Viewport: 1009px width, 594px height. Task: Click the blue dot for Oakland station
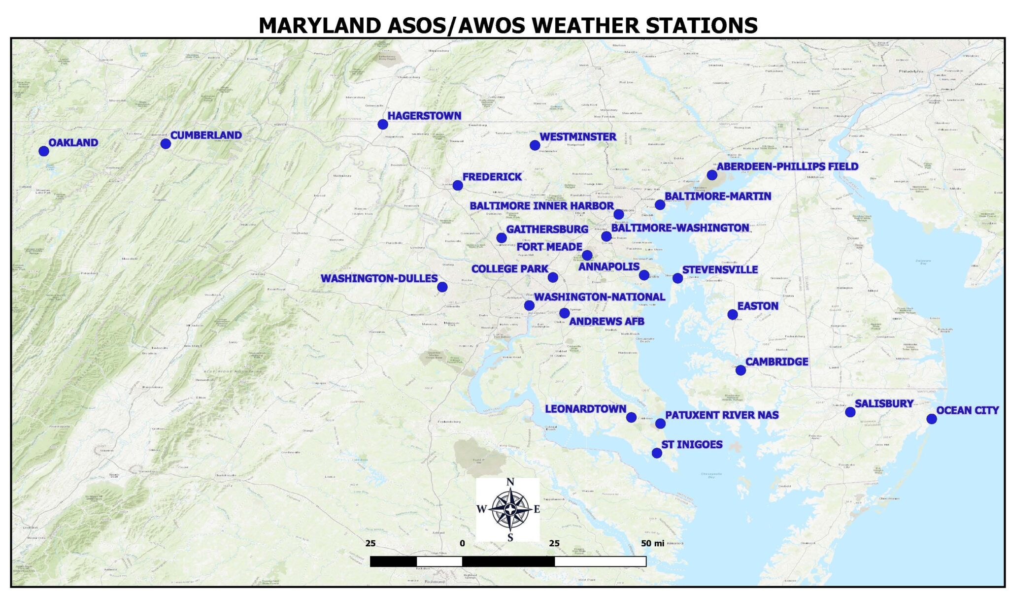44,151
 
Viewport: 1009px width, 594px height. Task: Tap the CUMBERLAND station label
206,135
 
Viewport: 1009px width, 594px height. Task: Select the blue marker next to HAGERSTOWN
383,124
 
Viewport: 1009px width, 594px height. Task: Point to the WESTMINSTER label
577,136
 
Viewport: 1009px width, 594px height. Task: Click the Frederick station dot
458,186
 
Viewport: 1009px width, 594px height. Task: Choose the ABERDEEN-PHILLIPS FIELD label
787,166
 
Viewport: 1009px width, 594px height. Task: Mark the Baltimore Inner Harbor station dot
619,214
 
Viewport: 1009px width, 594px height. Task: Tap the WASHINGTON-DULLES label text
379,278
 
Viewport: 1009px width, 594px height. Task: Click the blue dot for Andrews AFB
565,313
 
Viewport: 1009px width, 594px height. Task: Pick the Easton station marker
733,315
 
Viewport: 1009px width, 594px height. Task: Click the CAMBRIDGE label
776,362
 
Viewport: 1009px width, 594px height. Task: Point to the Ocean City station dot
931,419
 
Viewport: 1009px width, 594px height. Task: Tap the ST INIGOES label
692,445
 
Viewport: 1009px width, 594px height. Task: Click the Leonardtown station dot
631,418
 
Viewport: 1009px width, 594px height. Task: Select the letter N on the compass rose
510,482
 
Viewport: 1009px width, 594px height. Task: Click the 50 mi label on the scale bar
652,543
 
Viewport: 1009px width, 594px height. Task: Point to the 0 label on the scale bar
462,543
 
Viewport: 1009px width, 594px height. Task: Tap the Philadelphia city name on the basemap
910,71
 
